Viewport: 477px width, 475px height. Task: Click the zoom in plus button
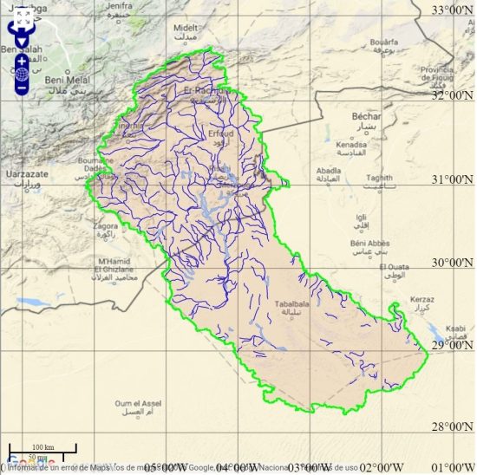tap(22, 62)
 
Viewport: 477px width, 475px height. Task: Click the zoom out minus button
tap(22, 88)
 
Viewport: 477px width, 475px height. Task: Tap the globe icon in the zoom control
tap(22, 75)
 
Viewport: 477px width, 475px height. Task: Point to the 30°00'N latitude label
tap(453, 263)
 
